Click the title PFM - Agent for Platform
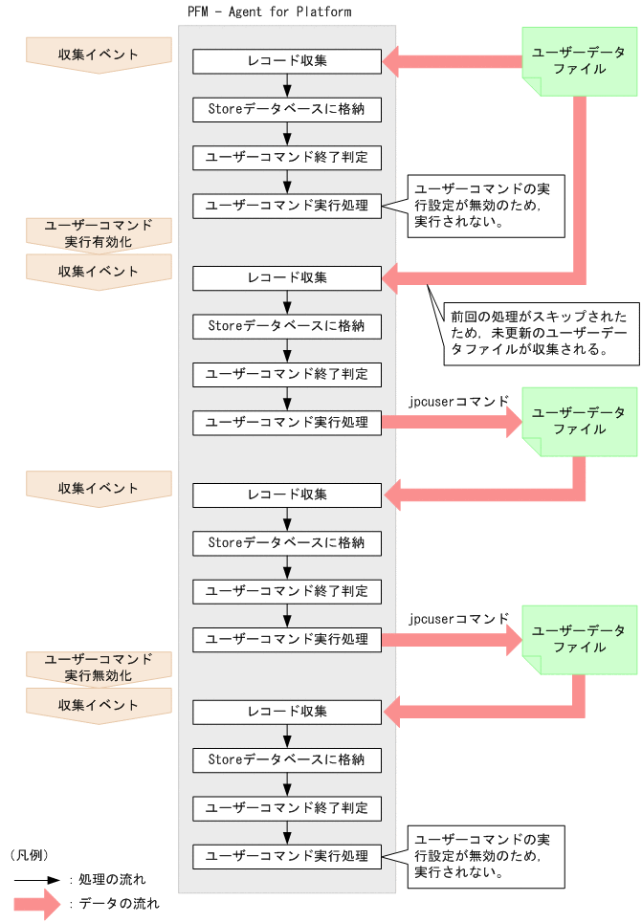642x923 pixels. tap(269, 12)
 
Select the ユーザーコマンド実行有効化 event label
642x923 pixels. tap(98, 233)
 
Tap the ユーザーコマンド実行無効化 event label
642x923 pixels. tap(98, 668)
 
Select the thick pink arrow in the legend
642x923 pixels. tap(35, 903)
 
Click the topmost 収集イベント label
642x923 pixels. tap(98, 55)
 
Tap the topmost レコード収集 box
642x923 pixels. tap(287, 61)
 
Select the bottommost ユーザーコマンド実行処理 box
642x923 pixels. tap(287, 855)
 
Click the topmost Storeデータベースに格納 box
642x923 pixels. tap(287, 109)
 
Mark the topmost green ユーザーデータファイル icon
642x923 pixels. tap(579, 61)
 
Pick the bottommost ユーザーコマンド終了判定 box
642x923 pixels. tap(287, 807)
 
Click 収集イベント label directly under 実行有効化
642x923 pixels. tap(98, 271)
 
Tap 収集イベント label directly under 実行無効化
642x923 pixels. tap(98, 705)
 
